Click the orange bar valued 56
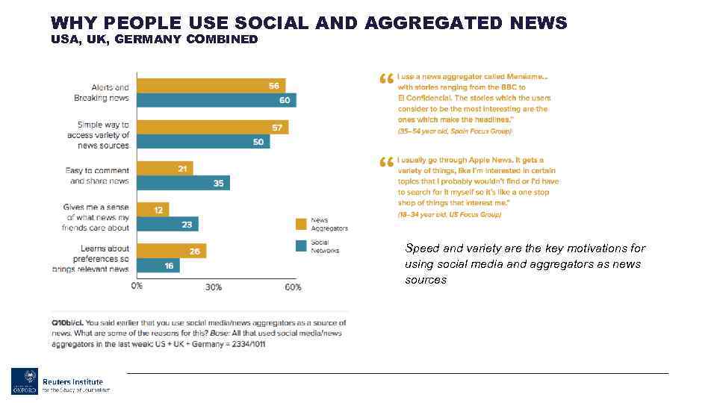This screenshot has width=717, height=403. [x=211, y=86]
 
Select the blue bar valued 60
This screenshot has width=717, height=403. [x=217, y=100]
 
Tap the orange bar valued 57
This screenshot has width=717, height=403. [x=212, y=128]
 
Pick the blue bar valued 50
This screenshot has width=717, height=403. [x=203, y=142]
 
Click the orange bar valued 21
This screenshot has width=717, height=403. [x=165, y=169]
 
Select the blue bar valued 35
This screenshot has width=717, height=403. [x=183, y=183]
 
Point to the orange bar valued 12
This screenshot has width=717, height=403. [x=153, y=210]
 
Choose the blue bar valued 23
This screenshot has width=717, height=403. [x=167, y=224]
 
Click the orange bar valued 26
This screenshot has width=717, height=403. [x=171, y=251]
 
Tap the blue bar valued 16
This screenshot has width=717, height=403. [x=158, y=265]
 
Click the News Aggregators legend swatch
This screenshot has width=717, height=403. [x=301, y=223]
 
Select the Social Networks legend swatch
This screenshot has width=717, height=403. [x=301, y=246]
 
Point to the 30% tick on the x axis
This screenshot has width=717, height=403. [x=214, y=287]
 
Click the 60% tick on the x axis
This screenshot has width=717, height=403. [x=293, y=287]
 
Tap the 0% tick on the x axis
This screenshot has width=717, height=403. [x=137, y=286]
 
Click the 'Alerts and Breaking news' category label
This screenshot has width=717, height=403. [x=101, y=93]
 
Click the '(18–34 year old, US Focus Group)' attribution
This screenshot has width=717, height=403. [x=449, y=214]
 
